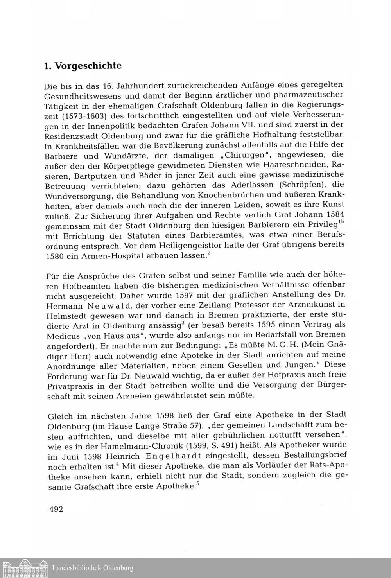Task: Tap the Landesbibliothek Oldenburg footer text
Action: point(93,568)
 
